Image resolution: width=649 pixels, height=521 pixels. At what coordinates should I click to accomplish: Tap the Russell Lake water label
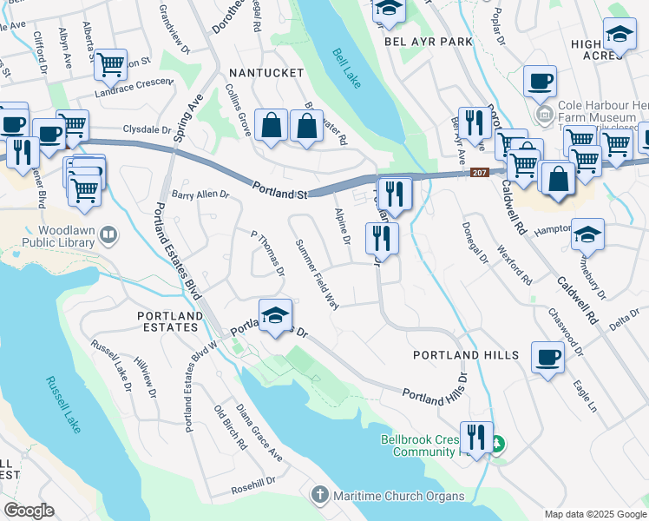pos(59,407)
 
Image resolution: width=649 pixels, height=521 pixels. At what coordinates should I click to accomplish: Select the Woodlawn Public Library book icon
pos(108,234)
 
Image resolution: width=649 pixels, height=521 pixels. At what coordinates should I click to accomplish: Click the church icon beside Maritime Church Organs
pos(318,496)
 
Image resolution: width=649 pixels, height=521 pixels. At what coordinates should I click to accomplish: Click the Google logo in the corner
pos(29,511)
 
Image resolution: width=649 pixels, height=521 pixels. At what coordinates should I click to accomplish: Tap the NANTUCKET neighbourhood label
pos(265,73)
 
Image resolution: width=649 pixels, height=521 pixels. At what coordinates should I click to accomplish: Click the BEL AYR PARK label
pos(429,41)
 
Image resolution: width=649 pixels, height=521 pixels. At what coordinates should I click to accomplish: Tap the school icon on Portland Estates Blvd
pos(275,317)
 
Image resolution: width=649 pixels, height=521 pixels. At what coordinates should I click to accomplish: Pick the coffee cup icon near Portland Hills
pos(547,358)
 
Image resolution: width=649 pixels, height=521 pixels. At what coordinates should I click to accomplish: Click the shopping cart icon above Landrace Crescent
pos(110,64)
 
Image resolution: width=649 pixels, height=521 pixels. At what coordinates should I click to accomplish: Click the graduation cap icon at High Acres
pos(619,36)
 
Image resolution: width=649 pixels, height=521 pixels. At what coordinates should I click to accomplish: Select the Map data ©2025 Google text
pos(594,513)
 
